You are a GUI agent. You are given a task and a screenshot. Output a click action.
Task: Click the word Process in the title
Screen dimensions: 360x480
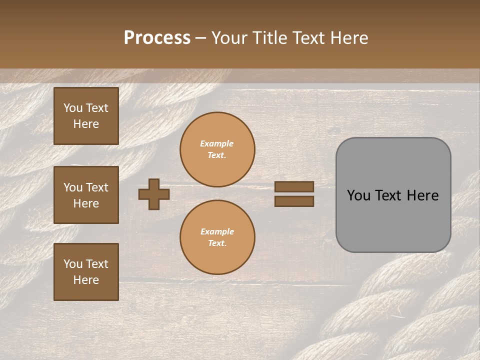point(157,38)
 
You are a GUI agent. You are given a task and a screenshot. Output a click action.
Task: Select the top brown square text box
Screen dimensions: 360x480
point(86,116)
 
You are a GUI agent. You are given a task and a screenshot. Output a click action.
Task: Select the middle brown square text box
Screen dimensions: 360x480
point(86,195)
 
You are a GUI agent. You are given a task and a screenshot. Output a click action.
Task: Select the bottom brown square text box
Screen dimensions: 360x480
point(86,272)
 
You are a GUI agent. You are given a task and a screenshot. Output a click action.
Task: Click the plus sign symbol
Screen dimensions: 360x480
point(154,194)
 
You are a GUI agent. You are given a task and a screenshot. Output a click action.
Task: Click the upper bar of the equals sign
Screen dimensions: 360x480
point(294,186)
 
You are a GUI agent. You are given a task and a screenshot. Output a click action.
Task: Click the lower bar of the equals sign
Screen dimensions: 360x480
point(294,201)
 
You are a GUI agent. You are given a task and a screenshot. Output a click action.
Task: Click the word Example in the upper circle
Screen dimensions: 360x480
point(217,143)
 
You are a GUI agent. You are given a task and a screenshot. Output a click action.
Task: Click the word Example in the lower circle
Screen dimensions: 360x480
point(217,231)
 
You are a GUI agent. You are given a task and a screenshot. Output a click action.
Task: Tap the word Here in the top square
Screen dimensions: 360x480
point(86,124)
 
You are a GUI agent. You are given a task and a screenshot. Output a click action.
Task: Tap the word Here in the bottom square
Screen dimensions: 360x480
point(86,280)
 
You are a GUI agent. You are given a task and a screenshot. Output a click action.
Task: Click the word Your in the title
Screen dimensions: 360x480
point(231,38)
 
